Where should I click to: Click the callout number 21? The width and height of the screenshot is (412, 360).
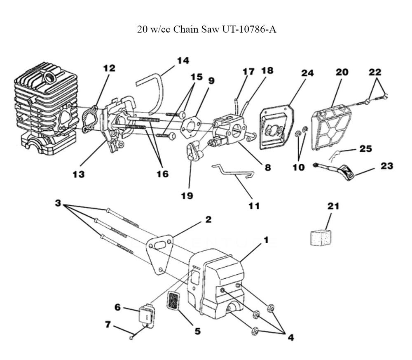pos(333,206)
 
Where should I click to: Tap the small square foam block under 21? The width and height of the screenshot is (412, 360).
pos(321,238)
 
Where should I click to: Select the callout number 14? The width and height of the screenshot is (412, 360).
pos(183,61)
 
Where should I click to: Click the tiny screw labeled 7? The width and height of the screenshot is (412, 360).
pos(131,337)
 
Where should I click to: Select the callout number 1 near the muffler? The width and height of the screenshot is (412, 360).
pos(266,240)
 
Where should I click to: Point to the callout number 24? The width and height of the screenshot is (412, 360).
pos(307,73)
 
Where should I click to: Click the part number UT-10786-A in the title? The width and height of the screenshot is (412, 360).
pos(247,30)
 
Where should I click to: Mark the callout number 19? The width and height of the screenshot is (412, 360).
pos(187,195)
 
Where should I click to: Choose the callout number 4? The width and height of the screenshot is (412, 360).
pos(290,337)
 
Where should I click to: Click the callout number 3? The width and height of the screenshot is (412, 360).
pos(58,203)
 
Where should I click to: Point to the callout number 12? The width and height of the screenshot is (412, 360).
pos(109,68)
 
